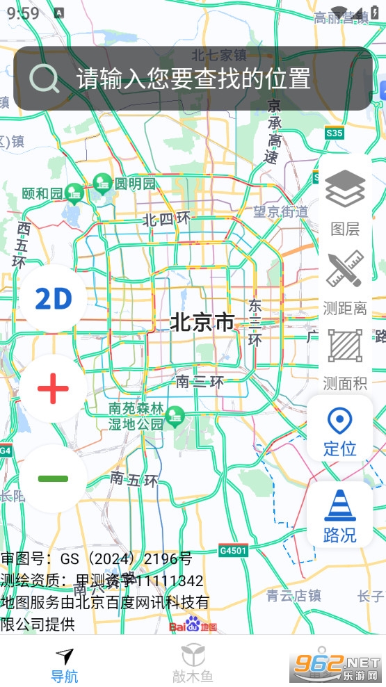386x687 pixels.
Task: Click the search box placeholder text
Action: (193, 79)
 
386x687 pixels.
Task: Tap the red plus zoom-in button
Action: (53, 388)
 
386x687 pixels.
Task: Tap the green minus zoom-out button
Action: (53, 478)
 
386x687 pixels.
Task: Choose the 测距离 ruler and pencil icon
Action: (345, 270)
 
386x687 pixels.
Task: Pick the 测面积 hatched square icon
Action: (345, 346)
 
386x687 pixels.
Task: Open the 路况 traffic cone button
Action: (340, 515)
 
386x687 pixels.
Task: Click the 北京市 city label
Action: (202, 322)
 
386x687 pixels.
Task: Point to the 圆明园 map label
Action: (135, 184)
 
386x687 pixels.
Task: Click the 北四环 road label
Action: (166, 220)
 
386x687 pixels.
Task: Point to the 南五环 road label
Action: (134, 478)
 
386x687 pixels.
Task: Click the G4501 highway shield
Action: (232, 550)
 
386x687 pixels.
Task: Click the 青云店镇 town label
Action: (293, 595)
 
